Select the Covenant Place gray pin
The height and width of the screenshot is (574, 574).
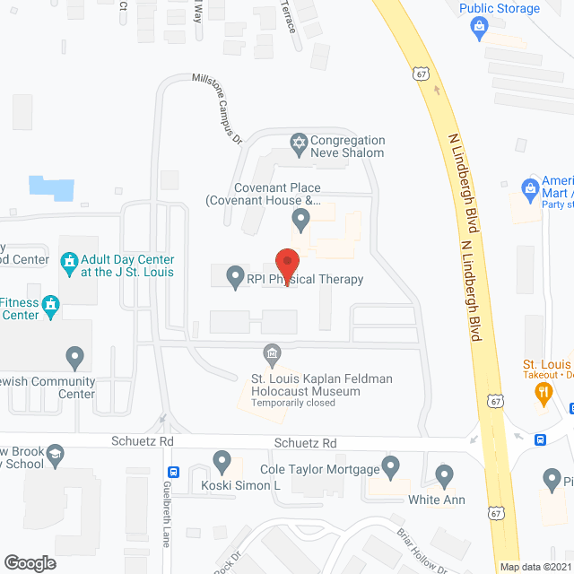[x=300, y=218]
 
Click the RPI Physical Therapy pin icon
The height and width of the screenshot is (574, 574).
[x=235, y=275]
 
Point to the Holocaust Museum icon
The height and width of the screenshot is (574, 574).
[x=270, y=352]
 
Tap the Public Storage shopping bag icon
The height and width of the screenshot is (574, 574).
[x=479, y=27]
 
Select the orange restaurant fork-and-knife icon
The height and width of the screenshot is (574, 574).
[x=542, y=391]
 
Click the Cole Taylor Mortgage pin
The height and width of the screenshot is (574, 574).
[x=390, y=465]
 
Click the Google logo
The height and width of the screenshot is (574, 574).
[x=30, y=562]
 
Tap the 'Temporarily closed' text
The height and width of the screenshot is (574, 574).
[x=293, y=403]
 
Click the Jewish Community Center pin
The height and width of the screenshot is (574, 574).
[x=74, y=360]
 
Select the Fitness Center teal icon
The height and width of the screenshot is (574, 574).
[x=51, y=307]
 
